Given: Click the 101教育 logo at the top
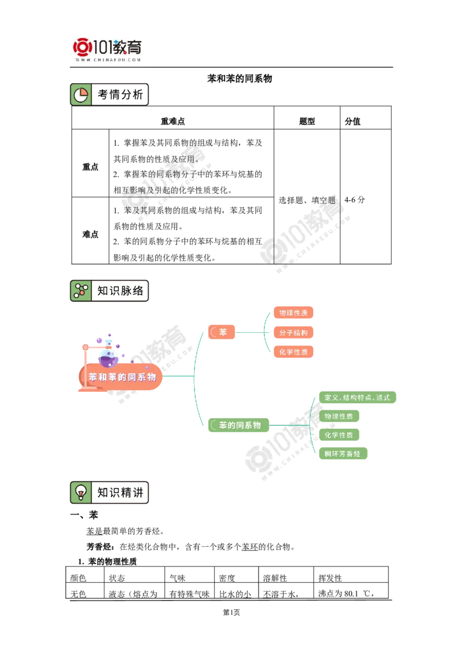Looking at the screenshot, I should click(x=108, y=46).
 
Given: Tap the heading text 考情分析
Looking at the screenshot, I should click(x=120, y=95).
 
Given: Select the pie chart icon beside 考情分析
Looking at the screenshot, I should click(x=80, y=95).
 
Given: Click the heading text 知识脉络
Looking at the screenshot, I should click(x=120, y=290).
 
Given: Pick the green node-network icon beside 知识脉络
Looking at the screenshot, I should click(x=80, y=290).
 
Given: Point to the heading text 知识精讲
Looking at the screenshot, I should click(x=120, y=492).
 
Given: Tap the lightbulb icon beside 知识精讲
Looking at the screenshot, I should click(x=80, y=492).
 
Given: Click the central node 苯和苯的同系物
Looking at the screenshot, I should click(x=122, y=377).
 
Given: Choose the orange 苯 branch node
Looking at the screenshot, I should click(x=222, y=332).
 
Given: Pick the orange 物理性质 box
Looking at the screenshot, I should click(x=293, y=313).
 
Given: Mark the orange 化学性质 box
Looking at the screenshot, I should click(x=293, y=352).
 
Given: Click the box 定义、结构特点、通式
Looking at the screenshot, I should click(x=358, y=398).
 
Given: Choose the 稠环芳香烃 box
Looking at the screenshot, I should click(x=343, y=454).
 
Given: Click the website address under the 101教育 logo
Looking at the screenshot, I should click(x=108, y=60).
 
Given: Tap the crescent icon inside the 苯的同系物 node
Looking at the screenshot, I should click(x=214, y=425).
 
